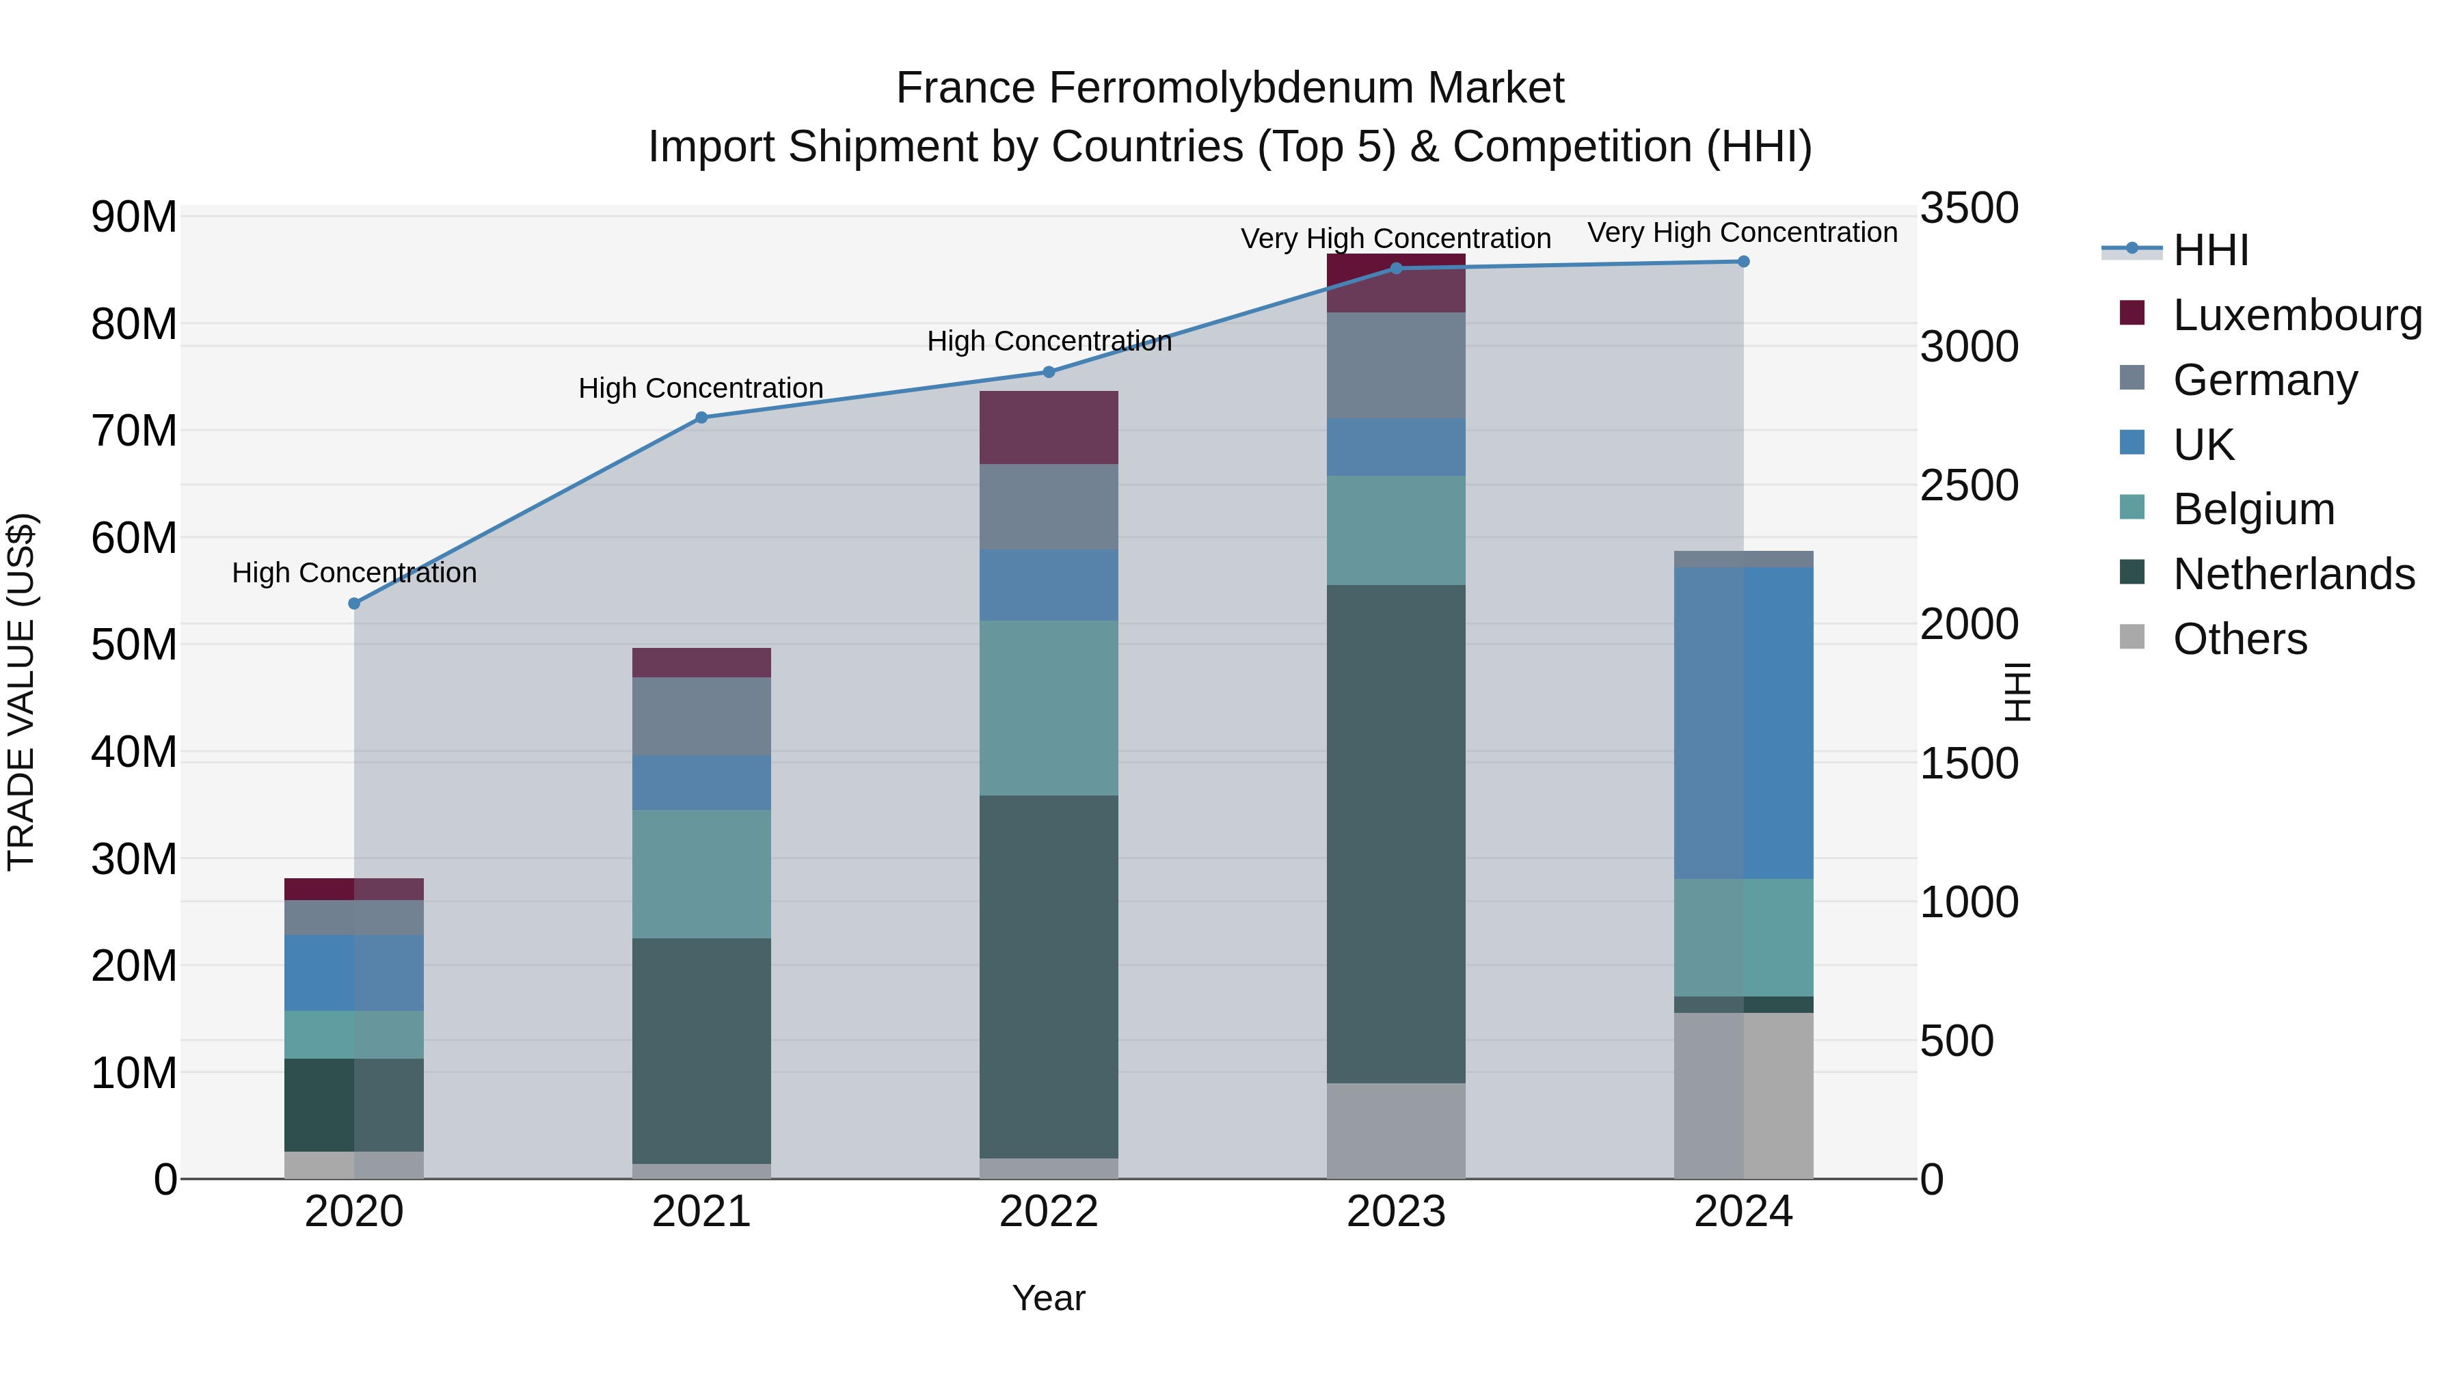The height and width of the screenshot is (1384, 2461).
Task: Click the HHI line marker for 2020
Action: pos(354,603)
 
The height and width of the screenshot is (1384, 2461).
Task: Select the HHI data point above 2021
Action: pos(701,418)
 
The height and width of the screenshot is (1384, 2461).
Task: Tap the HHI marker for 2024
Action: pos(1743,262)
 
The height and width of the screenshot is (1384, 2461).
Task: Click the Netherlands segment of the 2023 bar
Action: pos(1396,833)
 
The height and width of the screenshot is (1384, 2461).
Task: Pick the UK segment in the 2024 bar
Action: pos(1743,723)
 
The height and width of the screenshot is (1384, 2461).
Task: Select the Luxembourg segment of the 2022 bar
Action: pos(1049,428)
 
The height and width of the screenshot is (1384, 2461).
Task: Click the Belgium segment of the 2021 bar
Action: pos(701,874)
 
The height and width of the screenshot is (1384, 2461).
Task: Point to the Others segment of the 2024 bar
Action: pos(1743,1096)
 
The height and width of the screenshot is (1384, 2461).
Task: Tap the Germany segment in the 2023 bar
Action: pos(1396,365)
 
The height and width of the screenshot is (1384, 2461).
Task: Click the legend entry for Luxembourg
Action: pos(2297,315)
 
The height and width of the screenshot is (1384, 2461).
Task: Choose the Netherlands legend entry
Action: pos(2293,574)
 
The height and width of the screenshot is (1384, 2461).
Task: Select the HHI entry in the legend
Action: pos(2209,250)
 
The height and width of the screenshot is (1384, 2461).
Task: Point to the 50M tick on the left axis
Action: pos(134,644)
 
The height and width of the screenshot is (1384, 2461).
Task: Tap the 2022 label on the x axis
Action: pos(1049,1212)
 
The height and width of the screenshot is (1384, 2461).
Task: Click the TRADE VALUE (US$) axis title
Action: pos(21,692)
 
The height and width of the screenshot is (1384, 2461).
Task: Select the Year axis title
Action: pos(1049,1298)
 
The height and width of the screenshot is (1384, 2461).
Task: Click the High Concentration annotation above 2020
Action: pos(354,573)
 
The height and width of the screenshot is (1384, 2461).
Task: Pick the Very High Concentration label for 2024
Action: pos(1743,232)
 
